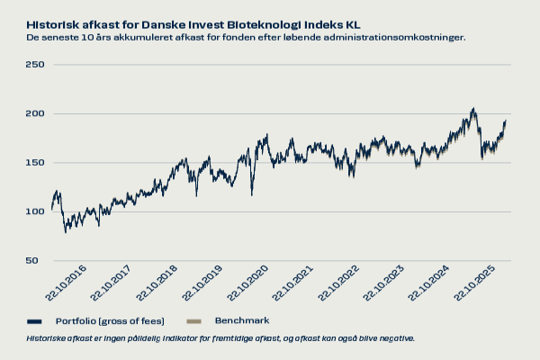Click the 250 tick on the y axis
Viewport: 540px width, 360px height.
coord(34,65)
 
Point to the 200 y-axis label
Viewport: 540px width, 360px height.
coord(34,113)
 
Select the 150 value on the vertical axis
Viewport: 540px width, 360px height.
coord(34,163)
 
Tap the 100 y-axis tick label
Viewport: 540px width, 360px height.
coord(34,211)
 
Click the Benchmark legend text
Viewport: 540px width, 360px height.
coord(241,320)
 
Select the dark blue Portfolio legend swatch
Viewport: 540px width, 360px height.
coord(35,321)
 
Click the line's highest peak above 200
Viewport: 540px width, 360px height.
coord(473,109)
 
